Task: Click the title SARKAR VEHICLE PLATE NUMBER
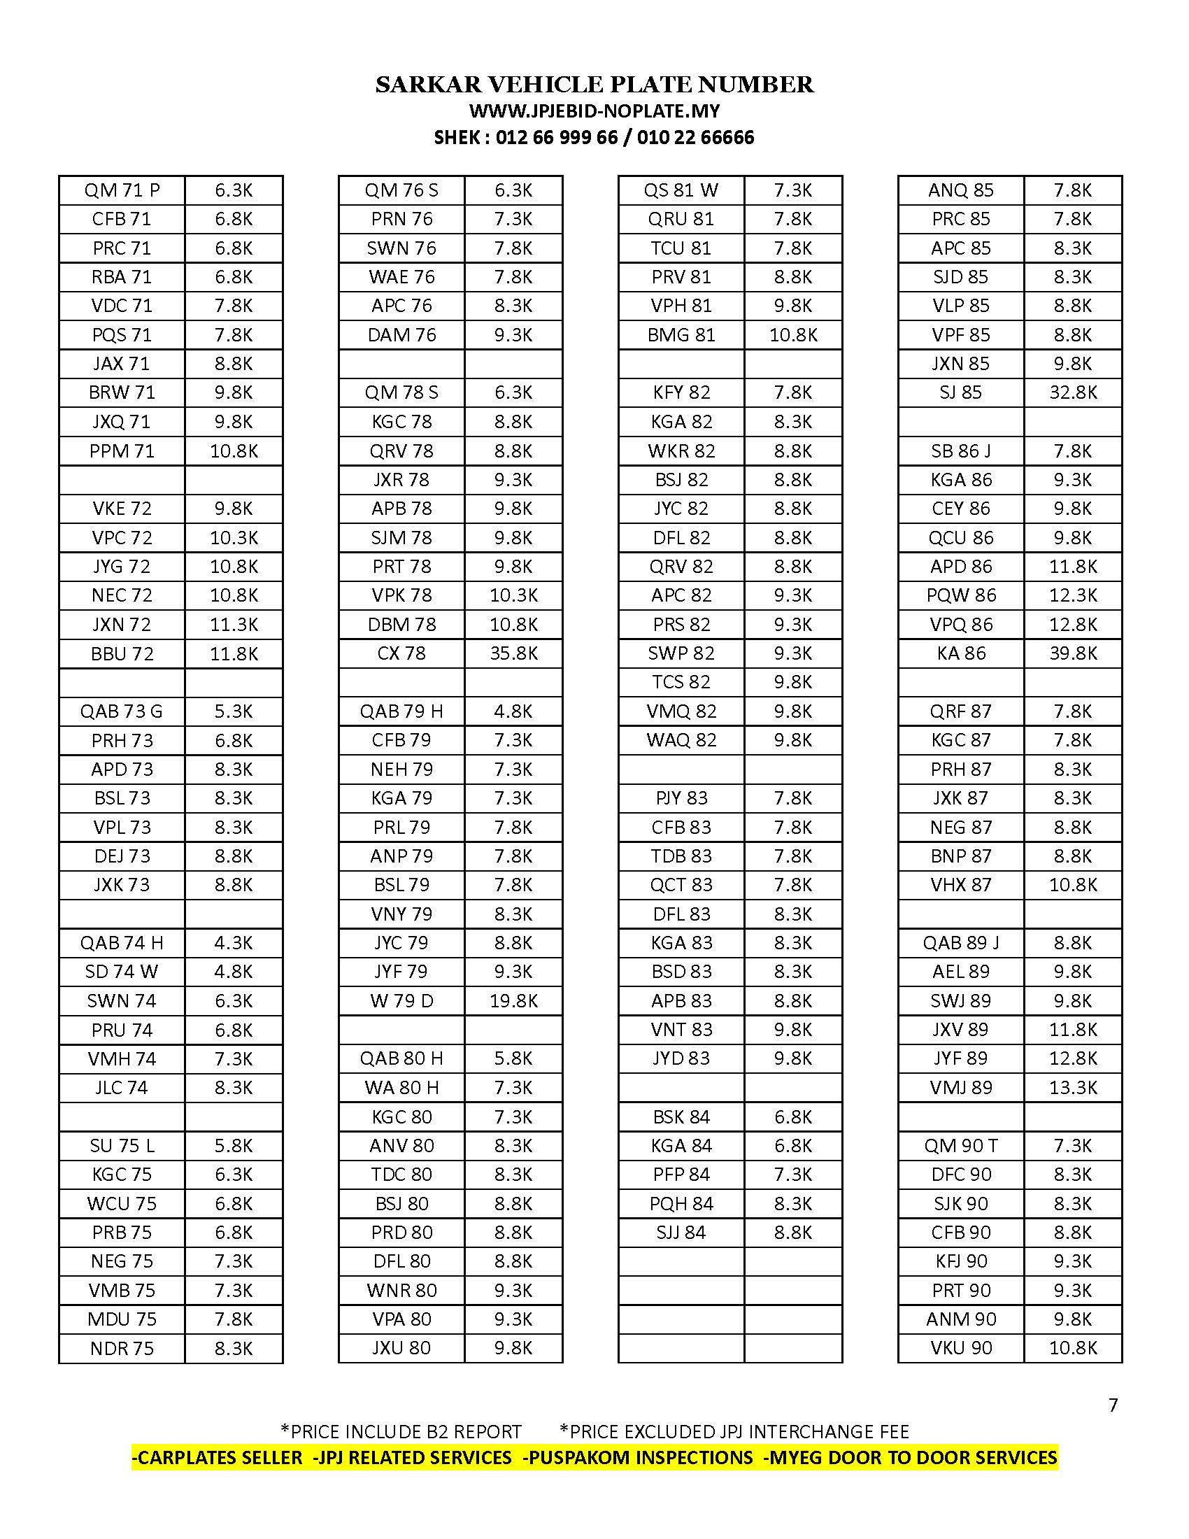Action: [x=594, y=85]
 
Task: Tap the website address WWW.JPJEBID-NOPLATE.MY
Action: [x=594, y=111]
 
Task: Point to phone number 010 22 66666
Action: [x=695, y=137]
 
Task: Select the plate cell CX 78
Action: [x=401, y=653]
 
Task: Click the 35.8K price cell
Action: [x=513, y=653]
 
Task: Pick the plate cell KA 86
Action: [x=961, y=653]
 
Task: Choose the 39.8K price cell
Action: [x=1073, y=653]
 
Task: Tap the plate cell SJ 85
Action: [x=961, y=392]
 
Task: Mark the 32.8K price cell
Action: [x=1073, y=392]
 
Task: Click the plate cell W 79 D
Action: [x=401, y=1000]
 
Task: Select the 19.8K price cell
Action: [x=513, y=1000]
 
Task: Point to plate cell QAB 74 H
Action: [x=122, y=943]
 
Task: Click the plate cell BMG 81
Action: [x=681, y=334]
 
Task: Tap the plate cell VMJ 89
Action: [x=961, y=1087]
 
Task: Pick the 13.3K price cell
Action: [x=1073, y=1087]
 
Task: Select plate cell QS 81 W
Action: [x=681, y=190]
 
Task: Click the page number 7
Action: [x=1113, y=1405]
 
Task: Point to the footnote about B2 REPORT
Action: [x=401, y=1432]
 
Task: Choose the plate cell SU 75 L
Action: [x=122, y=1146]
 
